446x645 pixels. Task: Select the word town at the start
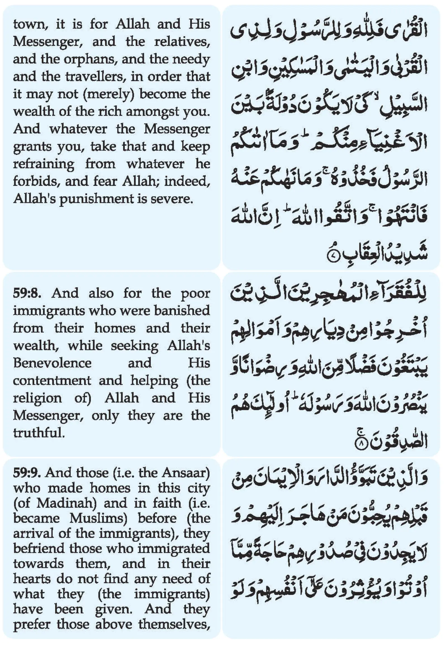(30, 25)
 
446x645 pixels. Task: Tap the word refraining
(44, 164)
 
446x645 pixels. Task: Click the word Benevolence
(52, 363)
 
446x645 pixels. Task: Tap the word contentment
(52, 380)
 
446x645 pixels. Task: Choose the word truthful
(39, 433)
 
